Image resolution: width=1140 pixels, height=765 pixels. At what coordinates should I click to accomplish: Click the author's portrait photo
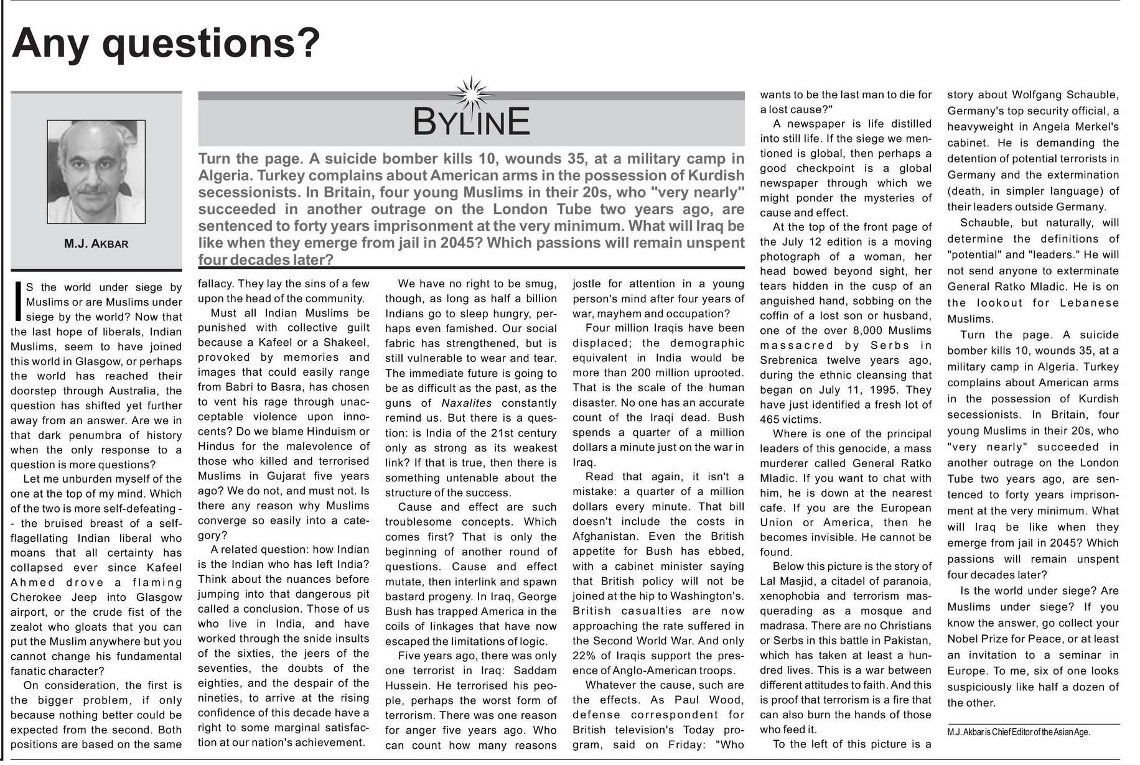pos(96,172)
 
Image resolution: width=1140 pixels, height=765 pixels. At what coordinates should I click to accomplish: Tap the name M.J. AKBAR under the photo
pos(96,244)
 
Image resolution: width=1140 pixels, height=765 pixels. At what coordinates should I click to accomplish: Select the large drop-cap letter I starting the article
pos(18,302)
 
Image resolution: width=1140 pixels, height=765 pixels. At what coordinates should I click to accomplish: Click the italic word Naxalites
pos(467,403)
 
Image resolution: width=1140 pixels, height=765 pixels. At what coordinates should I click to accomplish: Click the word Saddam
pos(535,670)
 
